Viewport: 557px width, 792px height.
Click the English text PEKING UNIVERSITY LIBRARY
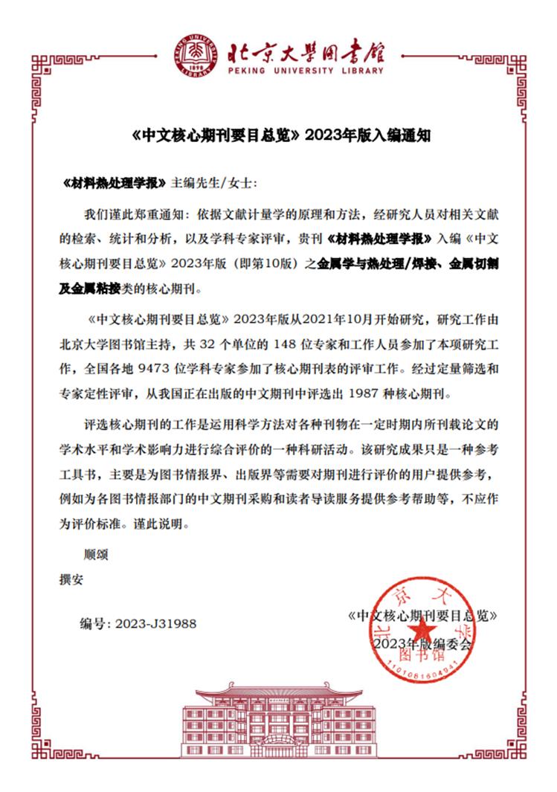click(305, 71)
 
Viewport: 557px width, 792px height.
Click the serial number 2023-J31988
click(155, 623)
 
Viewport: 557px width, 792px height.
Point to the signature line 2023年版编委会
click(422, 643)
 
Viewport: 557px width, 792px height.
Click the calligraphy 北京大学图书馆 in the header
click(305, 50)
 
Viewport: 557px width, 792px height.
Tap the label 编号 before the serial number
click(94, 623)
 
